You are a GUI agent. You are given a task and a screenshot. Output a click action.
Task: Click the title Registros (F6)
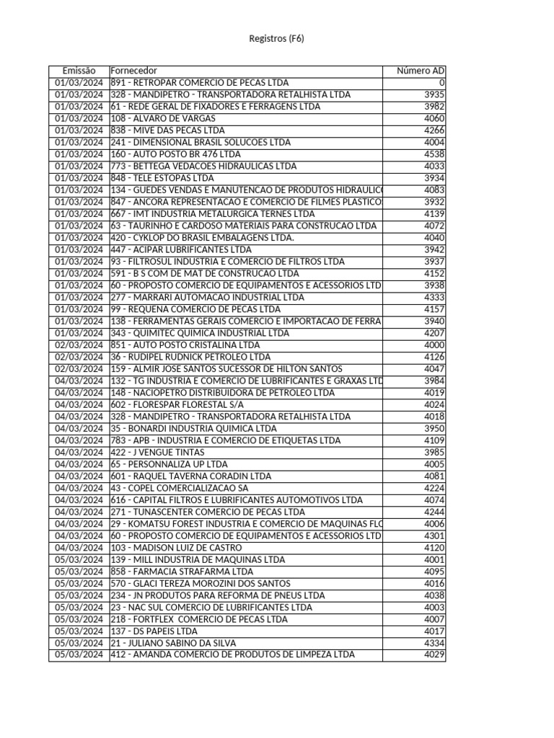pos(276,38)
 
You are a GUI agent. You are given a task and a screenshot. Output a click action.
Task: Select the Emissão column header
pos(79,71)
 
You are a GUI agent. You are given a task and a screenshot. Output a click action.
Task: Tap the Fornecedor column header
pos(133,71)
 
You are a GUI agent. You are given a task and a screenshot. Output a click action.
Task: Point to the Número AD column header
pos(421,71)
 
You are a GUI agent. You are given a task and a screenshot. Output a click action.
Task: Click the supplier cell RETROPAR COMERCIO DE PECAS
pos(200,83)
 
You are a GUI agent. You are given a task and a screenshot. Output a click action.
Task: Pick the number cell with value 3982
pos(434,107)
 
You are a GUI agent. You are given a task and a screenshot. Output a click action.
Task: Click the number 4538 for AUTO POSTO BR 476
pos(434,154)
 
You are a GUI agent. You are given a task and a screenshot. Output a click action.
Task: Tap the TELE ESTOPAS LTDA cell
pos(162,178)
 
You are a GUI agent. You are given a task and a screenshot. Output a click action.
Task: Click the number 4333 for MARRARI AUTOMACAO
pos(434,297)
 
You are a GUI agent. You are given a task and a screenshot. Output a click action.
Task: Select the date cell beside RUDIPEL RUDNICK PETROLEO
pos(79,357)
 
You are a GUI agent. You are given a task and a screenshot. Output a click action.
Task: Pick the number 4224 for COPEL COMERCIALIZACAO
pos(434,488)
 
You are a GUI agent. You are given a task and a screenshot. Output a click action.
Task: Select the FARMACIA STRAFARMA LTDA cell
pos(182,572)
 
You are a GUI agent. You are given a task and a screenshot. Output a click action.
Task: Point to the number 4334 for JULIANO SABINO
pos(434,643)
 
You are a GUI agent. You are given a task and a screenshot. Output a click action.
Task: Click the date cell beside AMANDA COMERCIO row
pos(79,655)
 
